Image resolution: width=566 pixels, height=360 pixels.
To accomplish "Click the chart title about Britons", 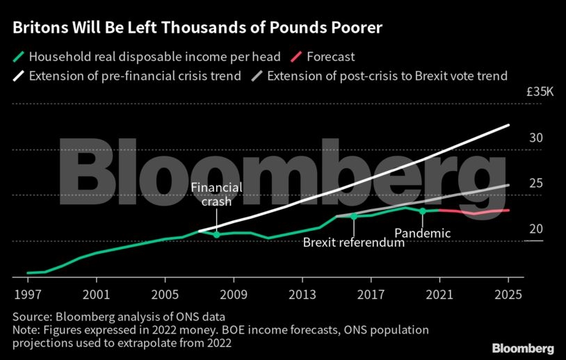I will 197,29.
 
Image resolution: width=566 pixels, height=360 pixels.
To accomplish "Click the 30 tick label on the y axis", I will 535,138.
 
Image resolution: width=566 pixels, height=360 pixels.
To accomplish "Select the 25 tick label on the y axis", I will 535,183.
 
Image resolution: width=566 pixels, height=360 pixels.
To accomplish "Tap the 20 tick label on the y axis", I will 535,229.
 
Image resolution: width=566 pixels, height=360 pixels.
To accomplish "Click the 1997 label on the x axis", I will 28,293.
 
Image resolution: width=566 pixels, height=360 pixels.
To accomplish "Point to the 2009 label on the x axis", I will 234,293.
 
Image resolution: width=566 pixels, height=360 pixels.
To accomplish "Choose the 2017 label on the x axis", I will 371,293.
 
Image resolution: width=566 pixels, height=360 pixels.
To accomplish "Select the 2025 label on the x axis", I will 508,293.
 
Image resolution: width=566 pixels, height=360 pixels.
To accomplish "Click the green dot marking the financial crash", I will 216,235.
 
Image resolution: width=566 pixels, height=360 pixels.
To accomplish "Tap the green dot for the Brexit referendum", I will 353,216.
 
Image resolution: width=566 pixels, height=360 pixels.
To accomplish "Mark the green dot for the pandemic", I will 422,211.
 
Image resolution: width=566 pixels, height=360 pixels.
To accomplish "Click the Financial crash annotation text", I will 216,194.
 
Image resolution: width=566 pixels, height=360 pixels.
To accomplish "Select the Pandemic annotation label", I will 422,234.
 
